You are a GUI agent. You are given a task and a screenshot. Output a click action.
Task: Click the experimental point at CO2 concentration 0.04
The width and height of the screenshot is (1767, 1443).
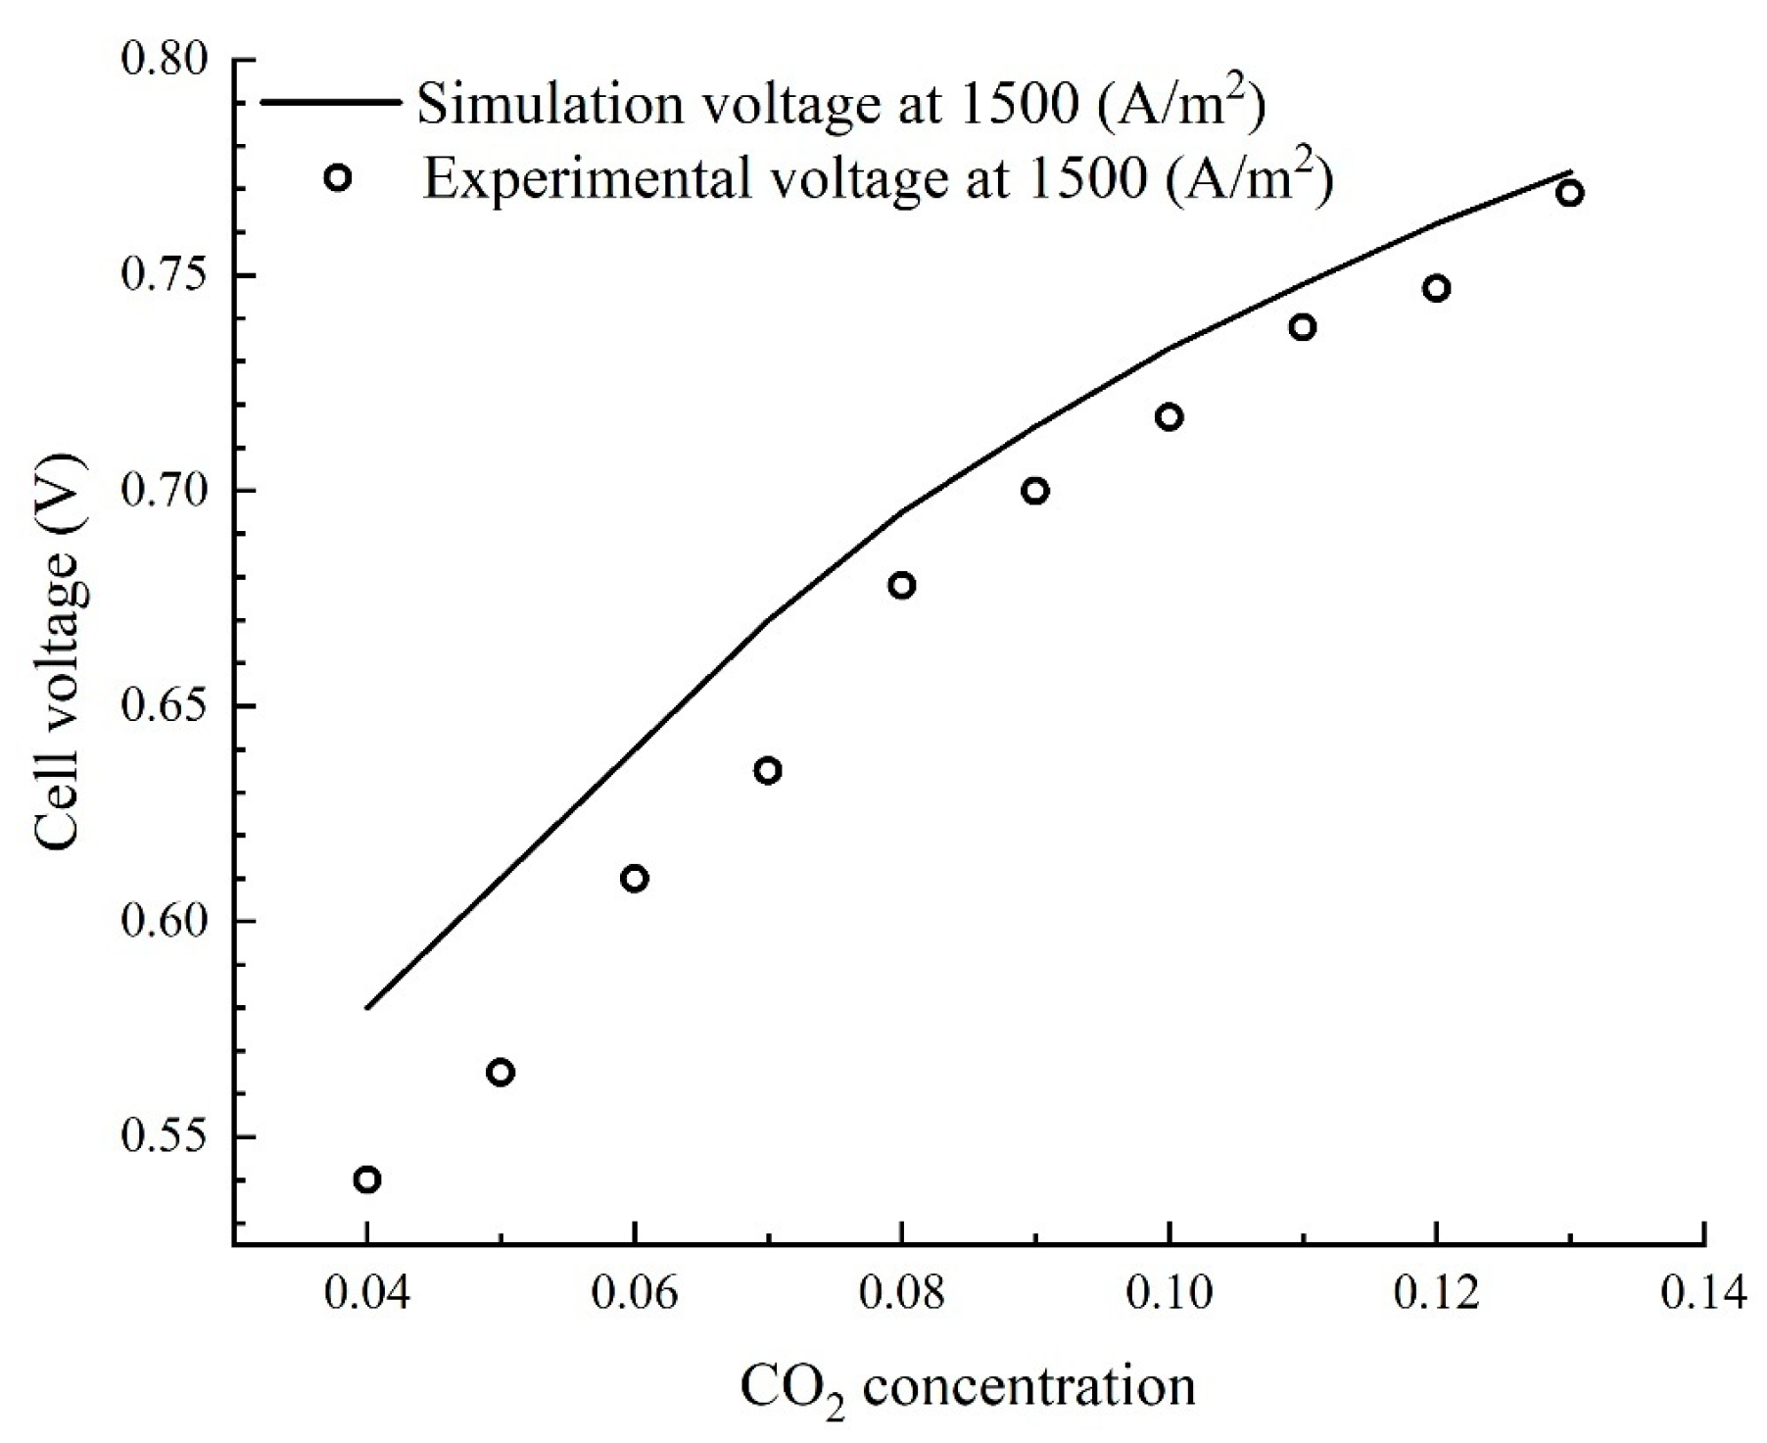point(367,1178)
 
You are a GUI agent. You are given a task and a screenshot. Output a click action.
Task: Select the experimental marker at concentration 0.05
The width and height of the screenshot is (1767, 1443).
point(501,1072)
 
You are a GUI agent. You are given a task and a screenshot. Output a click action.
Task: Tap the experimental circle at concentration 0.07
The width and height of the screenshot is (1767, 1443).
point(768,770)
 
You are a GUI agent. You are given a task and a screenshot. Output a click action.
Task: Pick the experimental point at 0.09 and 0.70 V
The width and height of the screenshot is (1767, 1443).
point(1035,490)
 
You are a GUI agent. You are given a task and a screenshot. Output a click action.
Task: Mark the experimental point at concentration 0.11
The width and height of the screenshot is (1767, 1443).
point(1303,327)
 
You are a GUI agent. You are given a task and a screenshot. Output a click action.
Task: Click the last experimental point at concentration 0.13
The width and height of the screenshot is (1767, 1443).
point(1570,192)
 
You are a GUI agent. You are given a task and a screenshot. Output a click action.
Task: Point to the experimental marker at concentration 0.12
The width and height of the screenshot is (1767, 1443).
point(1437,288)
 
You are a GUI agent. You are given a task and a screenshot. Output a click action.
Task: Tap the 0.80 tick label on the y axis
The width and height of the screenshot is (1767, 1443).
point(165,60)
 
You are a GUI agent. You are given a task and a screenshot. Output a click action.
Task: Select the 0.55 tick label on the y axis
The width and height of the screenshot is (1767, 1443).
point(165,1137)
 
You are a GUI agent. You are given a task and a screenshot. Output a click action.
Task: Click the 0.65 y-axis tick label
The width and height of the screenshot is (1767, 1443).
point(165,706)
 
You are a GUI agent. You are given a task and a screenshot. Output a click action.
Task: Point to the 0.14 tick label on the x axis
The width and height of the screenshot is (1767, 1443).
point(1703,1294)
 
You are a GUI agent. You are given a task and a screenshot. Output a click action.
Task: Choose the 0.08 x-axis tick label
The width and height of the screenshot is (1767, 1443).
point(901,1294)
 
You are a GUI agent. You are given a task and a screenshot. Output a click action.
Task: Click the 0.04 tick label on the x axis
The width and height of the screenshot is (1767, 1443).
point(367,1294)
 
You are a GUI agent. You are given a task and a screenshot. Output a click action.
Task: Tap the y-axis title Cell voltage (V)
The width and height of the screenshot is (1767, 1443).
point(61,651)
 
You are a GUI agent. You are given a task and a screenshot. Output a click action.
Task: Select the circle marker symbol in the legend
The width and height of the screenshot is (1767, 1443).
point(338,178)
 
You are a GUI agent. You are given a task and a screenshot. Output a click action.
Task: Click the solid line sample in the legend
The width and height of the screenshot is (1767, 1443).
point(329,101)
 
